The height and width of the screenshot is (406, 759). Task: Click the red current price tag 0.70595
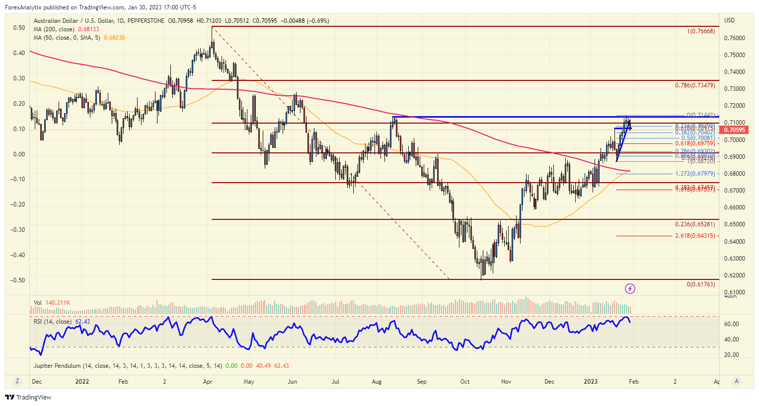735,130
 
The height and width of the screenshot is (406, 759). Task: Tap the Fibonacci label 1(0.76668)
701,31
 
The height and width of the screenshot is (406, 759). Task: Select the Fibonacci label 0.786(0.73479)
695,85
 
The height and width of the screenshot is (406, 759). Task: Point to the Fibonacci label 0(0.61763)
701,284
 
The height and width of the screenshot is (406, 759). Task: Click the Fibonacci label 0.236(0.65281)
695,224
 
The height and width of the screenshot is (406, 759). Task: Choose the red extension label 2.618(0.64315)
695,236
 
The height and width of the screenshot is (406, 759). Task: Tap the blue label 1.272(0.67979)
695,174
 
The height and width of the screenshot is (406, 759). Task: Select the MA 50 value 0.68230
114,38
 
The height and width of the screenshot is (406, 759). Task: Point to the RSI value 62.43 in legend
82,322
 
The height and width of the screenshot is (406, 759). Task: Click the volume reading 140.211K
58,303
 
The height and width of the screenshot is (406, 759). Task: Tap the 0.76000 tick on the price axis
734,38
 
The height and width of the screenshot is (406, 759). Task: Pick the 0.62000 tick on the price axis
734,275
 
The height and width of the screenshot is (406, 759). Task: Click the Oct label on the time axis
465,382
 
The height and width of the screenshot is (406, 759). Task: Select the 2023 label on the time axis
591,382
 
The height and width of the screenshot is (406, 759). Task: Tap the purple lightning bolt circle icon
630,288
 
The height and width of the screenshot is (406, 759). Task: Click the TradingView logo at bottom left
28,397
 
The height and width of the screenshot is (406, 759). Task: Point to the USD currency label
729,20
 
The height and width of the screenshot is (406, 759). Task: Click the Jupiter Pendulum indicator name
57,366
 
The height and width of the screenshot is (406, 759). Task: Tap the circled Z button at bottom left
17,381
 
